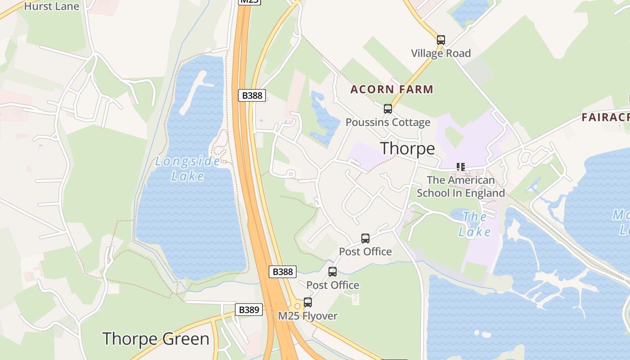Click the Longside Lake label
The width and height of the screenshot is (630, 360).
[x=188, y=168]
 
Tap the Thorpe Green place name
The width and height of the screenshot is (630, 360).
[x=156, y=339]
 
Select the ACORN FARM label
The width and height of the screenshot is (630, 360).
[x=391, y=89]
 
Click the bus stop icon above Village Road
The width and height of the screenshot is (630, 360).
[x=441, y=40]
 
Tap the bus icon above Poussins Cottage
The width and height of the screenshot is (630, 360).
[x=387, y=108]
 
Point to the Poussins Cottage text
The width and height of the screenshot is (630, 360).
[x=387, y=122]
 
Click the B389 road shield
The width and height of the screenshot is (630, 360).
[x=248, y=310]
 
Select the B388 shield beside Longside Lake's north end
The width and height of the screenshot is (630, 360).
[x=252, y=95]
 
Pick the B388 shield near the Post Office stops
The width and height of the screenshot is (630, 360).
[x=283, y=271]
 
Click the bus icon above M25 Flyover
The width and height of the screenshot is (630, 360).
[x=308, y=302]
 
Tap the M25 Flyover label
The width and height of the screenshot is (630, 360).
[x=307, y=316]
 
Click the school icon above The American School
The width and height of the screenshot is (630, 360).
[x=460, y=167]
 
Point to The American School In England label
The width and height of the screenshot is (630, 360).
[x=460, y=186]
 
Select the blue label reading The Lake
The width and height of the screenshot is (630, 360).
[x=474, y=224]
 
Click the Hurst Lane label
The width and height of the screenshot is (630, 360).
[x=51, y=6]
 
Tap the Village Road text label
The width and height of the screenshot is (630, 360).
[x=441, y=53]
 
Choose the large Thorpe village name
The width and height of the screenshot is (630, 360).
[x=407, y=148]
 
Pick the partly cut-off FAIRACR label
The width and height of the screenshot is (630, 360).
[x=605, y=117]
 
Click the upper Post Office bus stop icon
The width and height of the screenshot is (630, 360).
[x=365, y=238]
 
